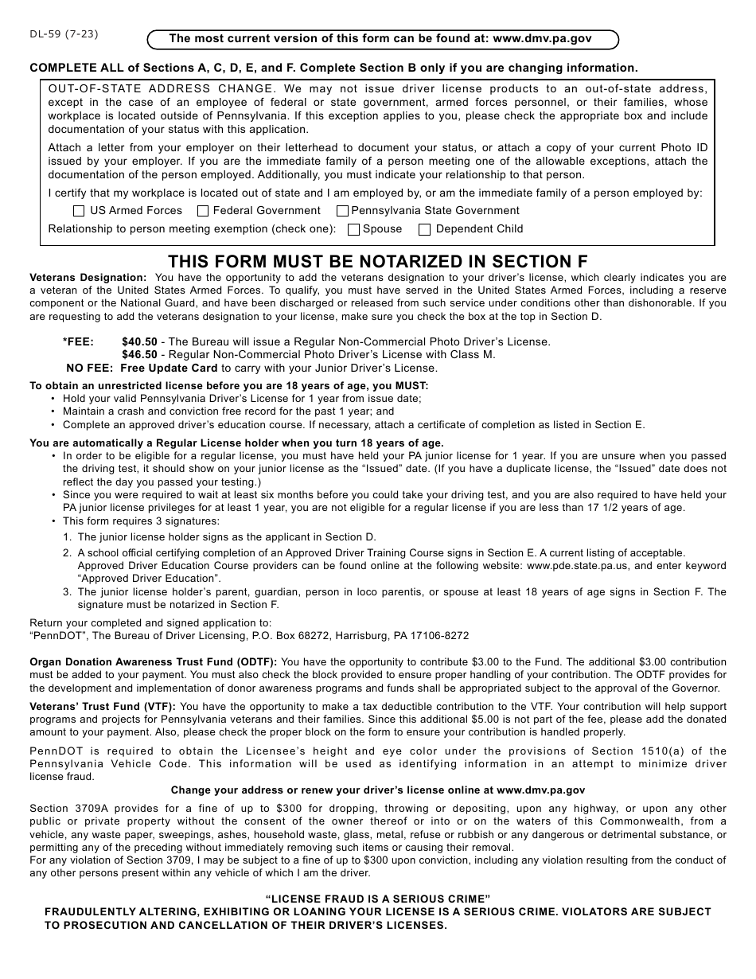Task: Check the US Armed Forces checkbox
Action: (79, 211)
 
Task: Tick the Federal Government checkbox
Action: (203, 211)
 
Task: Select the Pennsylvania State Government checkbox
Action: (342, 211)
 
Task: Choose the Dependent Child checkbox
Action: (425, 229)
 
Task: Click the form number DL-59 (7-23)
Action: (64, 34)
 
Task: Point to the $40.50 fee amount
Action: (139, 341)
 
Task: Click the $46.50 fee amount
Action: (139, 355)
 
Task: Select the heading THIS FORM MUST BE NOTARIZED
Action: (378, 262)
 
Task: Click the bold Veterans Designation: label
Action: (88, 278)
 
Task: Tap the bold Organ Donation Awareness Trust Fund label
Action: (153, 662)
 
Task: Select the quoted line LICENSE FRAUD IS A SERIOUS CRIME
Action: (378, 899)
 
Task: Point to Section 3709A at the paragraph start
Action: (64, 809)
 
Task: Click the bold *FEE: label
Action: (78, 341)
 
